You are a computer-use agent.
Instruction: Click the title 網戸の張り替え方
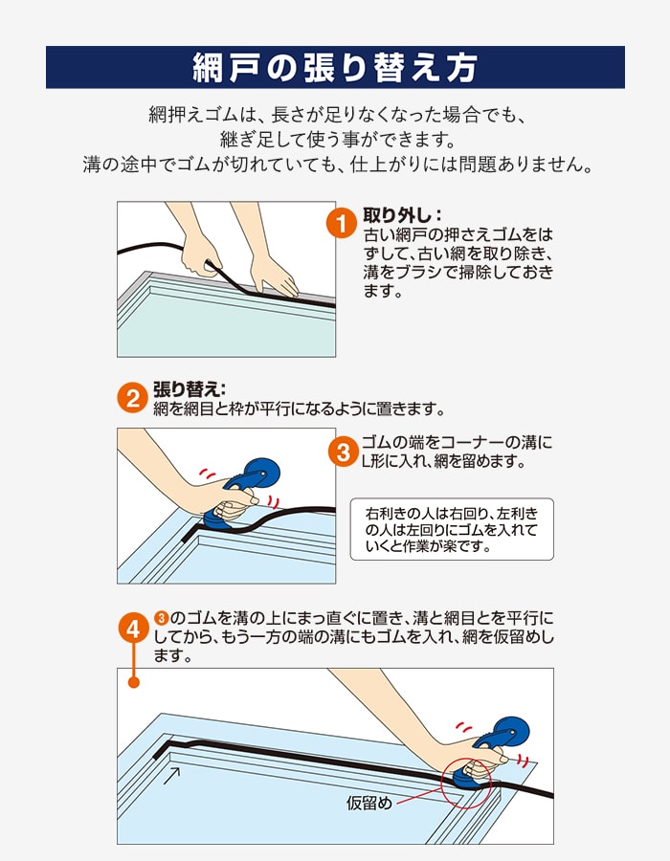click(x=335, y=68)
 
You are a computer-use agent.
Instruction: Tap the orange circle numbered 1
click(x=342, y=224)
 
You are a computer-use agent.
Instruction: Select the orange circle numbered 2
click(x=133, y=398)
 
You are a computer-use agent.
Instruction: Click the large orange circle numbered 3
click(x=344, y=452)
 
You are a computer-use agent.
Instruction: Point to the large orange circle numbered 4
click(x=133, y=629)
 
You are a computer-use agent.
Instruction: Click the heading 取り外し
click(x=403, y=215)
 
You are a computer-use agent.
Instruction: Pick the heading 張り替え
click(x=190, y=388)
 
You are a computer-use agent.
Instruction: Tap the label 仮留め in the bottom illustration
click(x=369, y=803)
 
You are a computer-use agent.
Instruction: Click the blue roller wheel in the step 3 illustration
click(x=262, y=474)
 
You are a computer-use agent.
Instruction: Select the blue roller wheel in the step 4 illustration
click(x=513, y=731)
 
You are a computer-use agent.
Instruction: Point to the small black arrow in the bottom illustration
click(x=172, y=776)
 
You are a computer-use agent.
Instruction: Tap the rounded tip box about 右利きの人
click(x=452, y=529)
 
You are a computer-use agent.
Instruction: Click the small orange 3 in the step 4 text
click(x=161, y=618)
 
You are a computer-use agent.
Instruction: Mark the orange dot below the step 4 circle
click(x=133, y=682)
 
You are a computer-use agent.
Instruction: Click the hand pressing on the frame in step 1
click(x=273, y=275)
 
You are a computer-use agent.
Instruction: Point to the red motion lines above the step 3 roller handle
click(x=207, y=474)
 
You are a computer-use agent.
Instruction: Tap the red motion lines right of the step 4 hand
click(x=524, y=760)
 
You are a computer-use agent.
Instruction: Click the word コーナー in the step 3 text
click(x=472, y=443)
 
